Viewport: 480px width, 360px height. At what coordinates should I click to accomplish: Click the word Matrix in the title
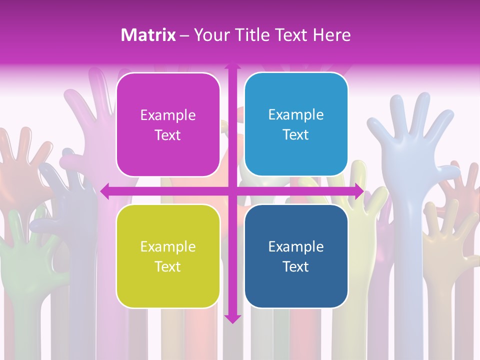tap(148, 35)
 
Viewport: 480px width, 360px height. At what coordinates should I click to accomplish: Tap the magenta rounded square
tap(168, 124)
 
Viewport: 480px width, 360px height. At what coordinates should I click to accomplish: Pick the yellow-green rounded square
tap(168, 256)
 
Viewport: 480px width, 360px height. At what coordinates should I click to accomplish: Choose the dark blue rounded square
tap(296, 256)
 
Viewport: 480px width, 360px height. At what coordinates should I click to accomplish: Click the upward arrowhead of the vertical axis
tap(232, 65)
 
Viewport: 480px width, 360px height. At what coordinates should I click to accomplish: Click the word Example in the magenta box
tap(168, 115)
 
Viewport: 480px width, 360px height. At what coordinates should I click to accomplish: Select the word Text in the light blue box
tap(296, 134)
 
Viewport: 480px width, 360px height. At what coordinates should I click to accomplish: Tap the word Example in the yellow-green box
tap(168, 246)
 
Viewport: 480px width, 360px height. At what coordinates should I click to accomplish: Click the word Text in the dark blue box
tap(296, 266)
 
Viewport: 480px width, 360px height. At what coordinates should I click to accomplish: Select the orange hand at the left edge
tap(20, 160)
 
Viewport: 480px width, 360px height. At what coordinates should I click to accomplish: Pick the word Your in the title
tap(210, 35)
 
